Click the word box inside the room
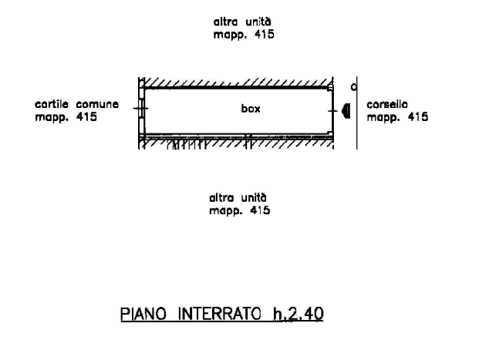250,109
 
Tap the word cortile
52,104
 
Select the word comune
98,104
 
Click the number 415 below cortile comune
87,118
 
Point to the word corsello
387,104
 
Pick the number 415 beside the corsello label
418,117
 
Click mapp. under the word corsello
383,118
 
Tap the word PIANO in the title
143,314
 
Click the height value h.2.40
297,314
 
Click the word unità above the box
258,22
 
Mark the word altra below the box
221,197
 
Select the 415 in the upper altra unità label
264,35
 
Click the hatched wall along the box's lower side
239,143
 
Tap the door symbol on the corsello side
346,111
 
